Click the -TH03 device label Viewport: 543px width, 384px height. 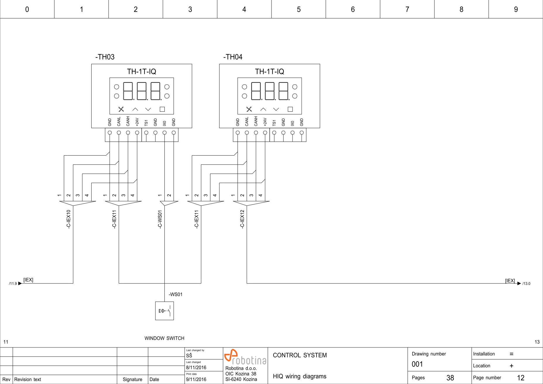coord(105,57)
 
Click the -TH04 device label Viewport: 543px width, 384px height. coord(233,57)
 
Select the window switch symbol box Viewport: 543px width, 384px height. coord(164,311)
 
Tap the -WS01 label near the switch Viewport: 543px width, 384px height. coord(176,294)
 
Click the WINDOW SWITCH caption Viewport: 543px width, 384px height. coord(164,338)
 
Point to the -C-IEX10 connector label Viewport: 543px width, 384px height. coord(68,219)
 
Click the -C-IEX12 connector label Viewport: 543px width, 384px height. coord(242,219)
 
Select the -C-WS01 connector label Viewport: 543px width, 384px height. coord(160,219)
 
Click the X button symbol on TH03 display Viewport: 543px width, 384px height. coord(121,109)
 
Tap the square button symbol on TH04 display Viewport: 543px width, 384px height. coord(290,109)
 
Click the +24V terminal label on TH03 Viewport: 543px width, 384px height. coord(137,122)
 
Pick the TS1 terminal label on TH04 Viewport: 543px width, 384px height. coord(274,123)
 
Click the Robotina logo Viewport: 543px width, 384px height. coord(245,357)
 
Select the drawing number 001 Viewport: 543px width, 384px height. coord(417,364)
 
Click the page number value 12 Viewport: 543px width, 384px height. coord(520,378)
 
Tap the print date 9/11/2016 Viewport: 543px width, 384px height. coord(196,379)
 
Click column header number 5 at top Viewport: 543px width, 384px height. coord(299,9)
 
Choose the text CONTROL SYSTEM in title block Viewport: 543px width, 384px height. coord(300,355)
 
